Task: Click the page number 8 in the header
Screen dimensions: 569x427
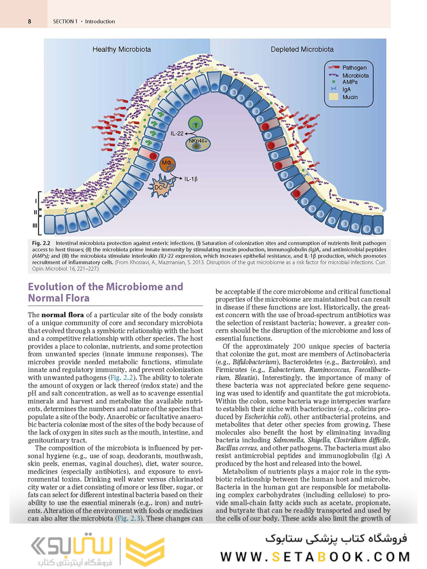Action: click(x=28, y=22)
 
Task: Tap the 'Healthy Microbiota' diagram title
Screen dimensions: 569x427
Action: click(x=121, y=50)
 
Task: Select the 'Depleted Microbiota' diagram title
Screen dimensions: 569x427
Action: click(x=302, y=50)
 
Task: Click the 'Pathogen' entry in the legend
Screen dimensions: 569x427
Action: click(x=354, y=68)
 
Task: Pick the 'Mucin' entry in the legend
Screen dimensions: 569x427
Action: click(x=350, y=97)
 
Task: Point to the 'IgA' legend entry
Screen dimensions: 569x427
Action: click(x=346, y=89)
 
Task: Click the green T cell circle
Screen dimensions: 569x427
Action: click(x=195, y=125)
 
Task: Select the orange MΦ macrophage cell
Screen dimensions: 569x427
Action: click(x=167, y=165)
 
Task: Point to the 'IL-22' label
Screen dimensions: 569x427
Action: click(x=177, y=133)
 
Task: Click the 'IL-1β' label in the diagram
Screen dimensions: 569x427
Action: click(x=191, y=179)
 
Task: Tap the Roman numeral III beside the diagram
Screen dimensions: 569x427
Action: click(x=34, y=225)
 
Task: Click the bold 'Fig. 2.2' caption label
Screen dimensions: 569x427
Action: click(x=42, y=243)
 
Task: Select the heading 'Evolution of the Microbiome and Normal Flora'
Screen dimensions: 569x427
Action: click(x=105, y=293)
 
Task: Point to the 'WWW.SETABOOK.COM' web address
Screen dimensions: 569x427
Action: click(x=315, y=557)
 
